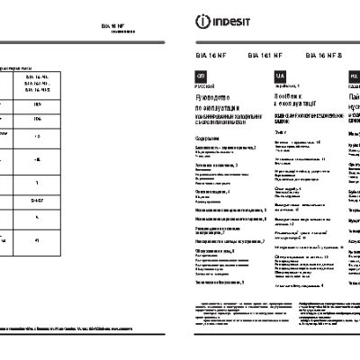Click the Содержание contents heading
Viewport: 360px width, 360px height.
click(208, 148)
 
